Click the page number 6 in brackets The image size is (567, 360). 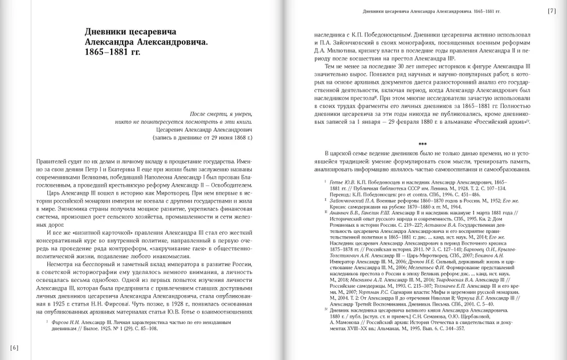coord(14,347)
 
